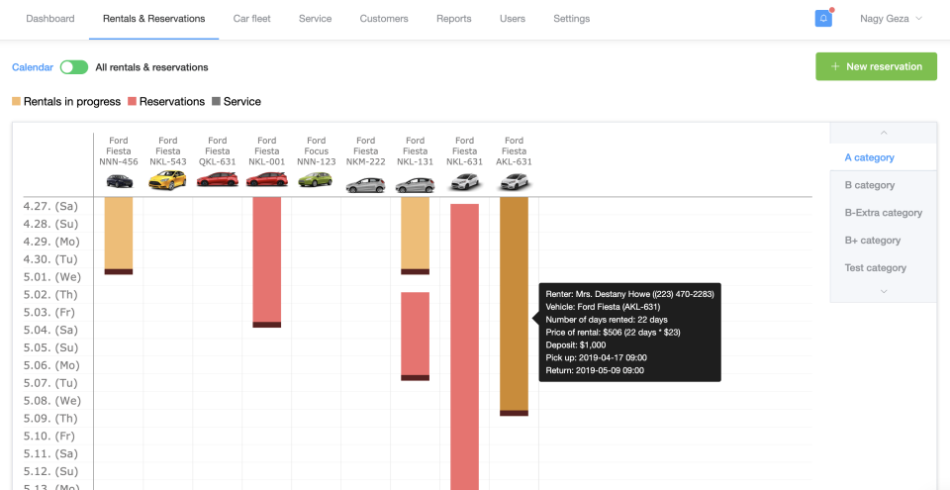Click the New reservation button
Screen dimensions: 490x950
pyautogui.click(x=876, y=66)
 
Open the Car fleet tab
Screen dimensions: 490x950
pyautogui.click(x=252, y=19)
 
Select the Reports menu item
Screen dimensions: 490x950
pyautogui.click(x=453, y=19)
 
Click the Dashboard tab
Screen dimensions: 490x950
pyautogui.click(x=50, y=19)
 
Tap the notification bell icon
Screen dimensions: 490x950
pyautogui.click(x=823, y=19)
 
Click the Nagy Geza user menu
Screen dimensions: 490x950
pyautogui.click(x=891, y=19)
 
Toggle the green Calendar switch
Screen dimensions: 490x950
pyautogui.click(x=73, y=67)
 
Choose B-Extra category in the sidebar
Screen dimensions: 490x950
pyautogui.click(x=883, y=213)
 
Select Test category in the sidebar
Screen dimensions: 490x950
pyautogui.click(x=875, y=268)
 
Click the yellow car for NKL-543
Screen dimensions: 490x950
pyautogui.click(x=167, y=181)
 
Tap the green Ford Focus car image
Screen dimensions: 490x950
pyautogui.click(x=316, y=181)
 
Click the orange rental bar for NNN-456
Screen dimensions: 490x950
pyautogui.click(x=118, y=233)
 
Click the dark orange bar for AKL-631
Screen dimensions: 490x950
pyautogui.click(x=514, y=302)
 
